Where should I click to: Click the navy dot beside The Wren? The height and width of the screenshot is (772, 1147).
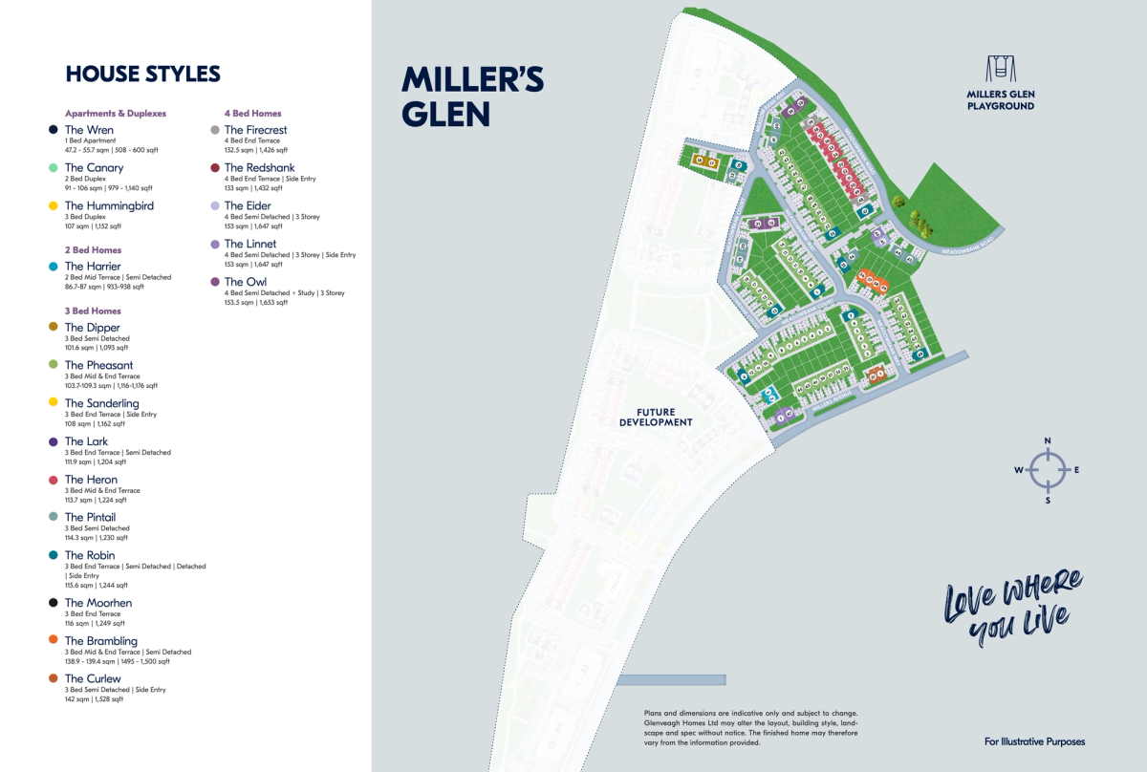53,130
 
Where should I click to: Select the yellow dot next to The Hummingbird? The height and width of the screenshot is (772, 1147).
53,205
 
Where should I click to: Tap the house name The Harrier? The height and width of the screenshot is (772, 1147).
93,266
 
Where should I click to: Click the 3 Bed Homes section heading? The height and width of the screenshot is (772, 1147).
93,311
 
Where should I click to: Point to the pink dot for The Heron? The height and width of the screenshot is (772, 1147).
53,480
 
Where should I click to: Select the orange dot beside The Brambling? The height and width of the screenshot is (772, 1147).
53,640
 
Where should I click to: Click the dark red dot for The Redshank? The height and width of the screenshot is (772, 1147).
215,167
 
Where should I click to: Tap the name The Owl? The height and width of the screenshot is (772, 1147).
246,282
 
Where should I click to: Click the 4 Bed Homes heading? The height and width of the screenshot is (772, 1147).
252,113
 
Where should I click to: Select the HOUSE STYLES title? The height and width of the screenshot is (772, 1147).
142,74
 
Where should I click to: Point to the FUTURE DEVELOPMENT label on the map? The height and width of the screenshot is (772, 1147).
656,417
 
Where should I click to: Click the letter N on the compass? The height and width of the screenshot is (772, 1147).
1048,440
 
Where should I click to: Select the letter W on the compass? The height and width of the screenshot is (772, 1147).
1019,470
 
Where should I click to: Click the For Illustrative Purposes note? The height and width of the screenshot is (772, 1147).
1034,741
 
